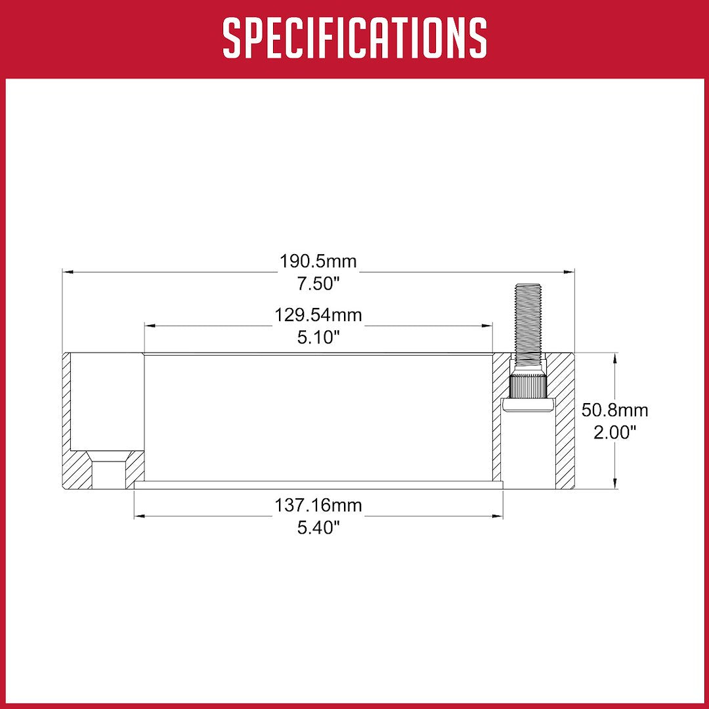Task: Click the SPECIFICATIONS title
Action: coord(354,38)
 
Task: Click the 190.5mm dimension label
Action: coord(318,261)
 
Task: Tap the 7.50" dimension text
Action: coord(318,284)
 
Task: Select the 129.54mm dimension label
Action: coord(318,314)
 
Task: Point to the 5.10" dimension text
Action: coord(318,337)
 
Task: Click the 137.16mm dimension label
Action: coord(318,505)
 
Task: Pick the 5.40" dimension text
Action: coord(318,528)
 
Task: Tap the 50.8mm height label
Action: coord(615,410)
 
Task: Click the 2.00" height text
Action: coord(615,433)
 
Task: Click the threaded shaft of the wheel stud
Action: coord(528,321)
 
